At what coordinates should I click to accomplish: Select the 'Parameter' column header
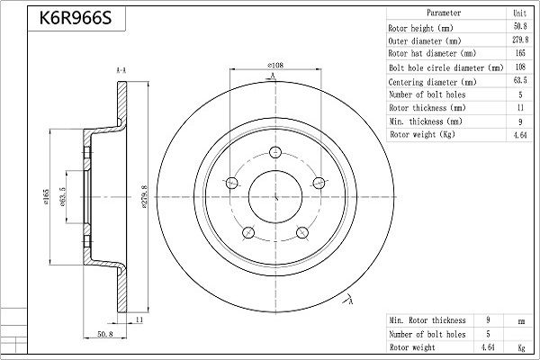(443, 13)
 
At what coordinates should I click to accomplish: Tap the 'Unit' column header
(518, 13)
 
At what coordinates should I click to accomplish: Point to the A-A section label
(121, 70)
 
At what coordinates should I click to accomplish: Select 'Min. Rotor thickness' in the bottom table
(427, 320)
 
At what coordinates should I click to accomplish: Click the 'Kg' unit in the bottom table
(518, 346)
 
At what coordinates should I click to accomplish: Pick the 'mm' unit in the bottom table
(518, 320)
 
